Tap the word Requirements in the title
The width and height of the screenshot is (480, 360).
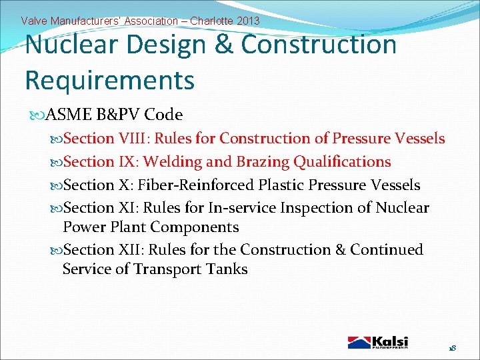click(x=109, y=80)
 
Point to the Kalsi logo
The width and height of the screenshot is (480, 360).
click(x=378, y=342)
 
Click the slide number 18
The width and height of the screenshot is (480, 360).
click(x=452, y=349)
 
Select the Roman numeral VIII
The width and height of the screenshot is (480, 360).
click(x=135, y=139)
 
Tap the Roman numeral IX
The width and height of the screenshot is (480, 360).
click(x=127, y=162)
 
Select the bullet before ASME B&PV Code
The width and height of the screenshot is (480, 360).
click(x=36, y=115)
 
